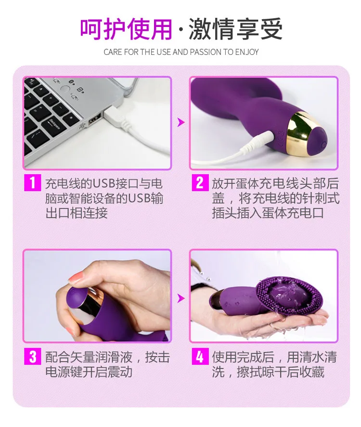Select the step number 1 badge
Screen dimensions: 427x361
[x=32, y=183]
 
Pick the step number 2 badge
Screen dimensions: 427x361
[x=199, y=183]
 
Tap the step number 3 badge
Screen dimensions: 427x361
[x=32, y=357]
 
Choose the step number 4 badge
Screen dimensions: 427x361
[x=199, y=357]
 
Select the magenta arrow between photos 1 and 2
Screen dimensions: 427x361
[x=180, y=123]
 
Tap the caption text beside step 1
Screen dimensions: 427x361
[x=103, y=198]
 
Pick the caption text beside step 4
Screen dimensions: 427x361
[x=274, y=364]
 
